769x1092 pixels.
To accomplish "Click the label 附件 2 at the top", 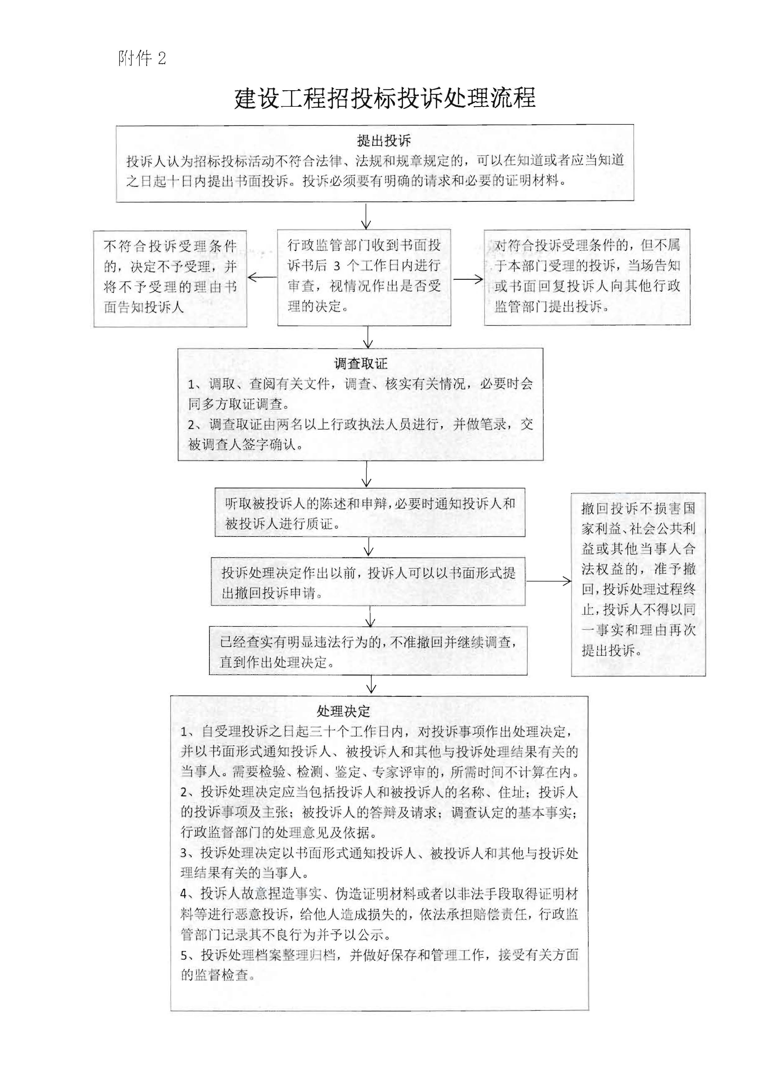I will pyautogui.click(x=142, y=59).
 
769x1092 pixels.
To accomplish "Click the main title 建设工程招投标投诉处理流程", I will pyautogui.click(x=384, y=98).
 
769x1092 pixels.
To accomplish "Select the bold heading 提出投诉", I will pyautogui.click(x=384, y=141).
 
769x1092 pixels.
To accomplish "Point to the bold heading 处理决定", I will pyautogui.click(x=343, y=711).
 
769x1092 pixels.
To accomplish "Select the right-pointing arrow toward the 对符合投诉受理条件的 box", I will pyautogui.click(x=468, y=279).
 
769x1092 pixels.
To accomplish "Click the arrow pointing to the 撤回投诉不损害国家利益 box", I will pyautogui.click(x=549, y=581).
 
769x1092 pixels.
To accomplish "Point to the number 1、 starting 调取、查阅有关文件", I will pyautogui.click(x=194, y=385).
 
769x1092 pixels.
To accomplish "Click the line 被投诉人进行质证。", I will pyautogui.click(x=283, y=524).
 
